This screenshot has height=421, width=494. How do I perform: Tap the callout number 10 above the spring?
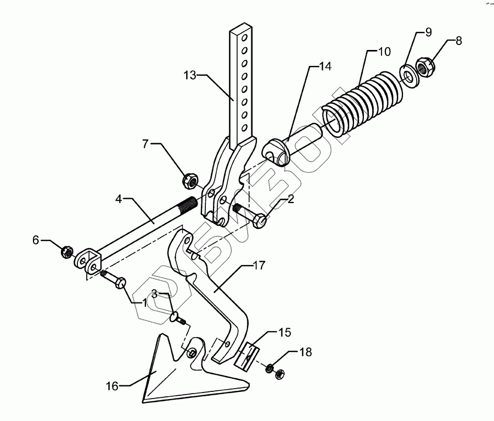click(384, 52)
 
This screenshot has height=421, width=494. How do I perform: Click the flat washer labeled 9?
click(408, 74)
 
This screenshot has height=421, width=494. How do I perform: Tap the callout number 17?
click(259, 266)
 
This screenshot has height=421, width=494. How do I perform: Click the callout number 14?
click(325, 67)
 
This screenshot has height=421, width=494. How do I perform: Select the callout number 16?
click(112, 387)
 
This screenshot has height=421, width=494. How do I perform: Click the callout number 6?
click(36, 239)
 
